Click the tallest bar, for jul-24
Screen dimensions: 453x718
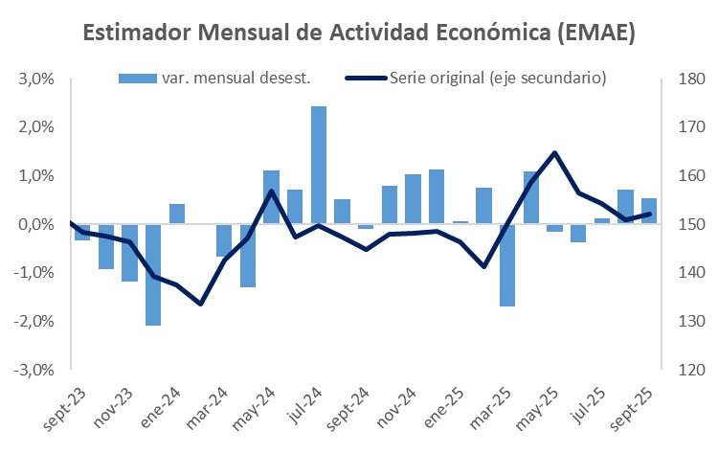319,165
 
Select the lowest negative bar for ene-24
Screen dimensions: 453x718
153,274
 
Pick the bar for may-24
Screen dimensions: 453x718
271,197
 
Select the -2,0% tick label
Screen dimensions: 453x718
35,321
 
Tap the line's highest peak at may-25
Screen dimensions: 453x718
555,152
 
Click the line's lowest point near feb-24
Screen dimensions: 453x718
200,304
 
